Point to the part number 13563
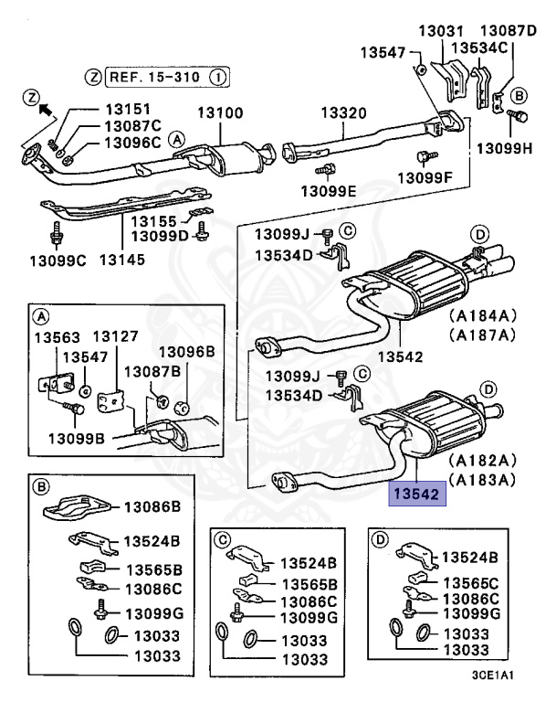click(x=58, y=336)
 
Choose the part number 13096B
click(x=187, y=351)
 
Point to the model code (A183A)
click(x=482, y=479)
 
